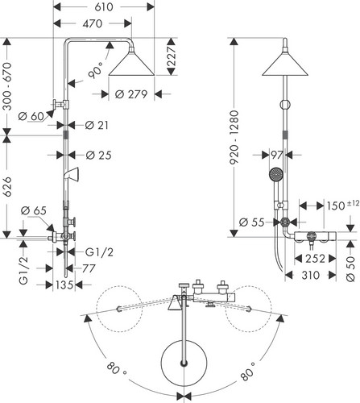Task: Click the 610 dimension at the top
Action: point(104,7)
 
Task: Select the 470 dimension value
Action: point(93,23)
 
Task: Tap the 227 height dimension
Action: point(172,56)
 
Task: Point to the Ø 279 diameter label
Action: point(131,94)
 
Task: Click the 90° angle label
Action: point(96,70)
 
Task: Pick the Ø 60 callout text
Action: point(31,116)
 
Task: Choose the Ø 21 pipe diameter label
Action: point(97,125)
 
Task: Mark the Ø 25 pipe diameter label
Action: point(98,155)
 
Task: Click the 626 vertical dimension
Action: point(7,186)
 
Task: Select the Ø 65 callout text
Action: point(34,210)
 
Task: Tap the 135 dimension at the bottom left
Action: point(64,285)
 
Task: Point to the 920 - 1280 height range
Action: point(234,137)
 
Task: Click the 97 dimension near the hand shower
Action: point(277,155)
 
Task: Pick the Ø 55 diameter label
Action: point(251,222)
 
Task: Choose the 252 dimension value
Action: point(315,259)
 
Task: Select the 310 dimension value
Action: point(311,275)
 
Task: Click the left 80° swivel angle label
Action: point(116,368)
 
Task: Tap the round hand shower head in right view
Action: point(275,174)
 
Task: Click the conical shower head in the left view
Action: point(131,64)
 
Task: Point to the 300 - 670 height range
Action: point(7,86)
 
